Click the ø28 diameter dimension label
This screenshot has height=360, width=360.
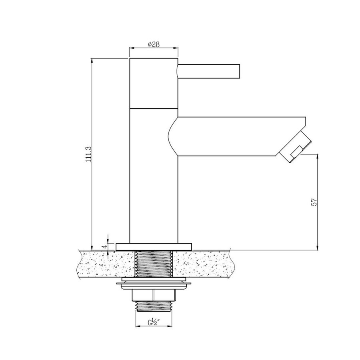[154, 44]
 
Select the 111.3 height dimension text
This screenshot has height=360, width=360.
[88, 154]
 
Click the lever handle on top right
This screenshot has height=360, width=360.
[208, 71]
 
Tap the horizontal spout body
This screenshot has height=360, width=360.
[232, 136]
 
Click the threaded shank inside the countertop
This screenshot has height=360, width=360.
[154, 264]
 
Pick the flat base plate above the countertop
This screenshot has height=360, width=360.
[154, 246]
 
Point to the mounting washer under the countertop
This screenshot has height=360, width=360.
[154, 284]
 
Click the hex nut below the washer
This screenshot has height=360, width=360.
[154, 295]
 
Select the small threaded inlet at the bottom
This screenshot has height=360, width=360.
[154, 306]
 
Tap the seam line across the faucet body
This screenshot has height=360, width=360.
[154, 108]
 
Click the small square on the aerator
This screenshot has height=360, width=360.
[296, 152]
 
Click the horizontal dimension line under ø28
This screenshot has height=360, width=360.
[154, 49]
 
